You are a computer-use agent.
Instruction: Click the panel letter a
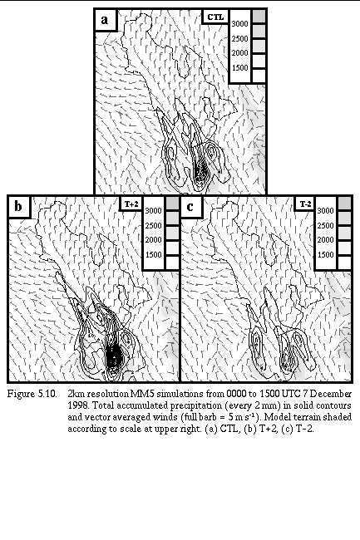tap(105, 20)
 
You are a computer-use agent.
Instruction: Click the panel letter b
tap(18, 206)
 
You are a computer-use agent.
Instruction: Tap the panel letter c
tap(190, 207)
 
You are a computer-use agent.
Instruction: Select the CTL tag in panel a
tap(215, 17)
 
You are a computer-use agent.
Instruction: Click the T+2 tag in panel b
tap(131, 204)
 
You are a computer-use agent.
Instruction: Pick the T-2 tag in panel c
tap(306, 204)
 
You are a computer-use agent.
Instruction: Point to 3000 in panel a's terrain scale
tap(239, 24)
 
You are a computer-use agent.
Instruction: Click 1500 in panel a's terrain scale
tap(239, 68)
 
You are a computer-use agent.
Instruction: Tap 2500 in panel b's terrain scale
tap(154, 226)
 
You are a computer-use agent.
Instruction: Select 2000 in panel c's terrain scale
tap(325, 240)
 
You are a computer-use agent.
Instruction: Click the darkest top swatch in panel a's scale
tap(259, 17)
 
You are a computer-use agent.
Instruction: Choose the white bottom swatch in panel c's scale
tap(344, 263)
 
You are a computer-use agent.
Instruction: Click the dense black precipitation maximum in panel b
tap(113, 356)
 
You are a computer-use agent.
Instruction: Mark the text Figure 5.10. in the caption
tap(32, 394)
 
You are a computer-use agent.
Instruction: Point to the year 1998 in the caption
tap(76, 405)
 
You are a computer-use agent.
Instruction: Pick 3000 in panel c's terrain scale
tap(325, 211)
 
